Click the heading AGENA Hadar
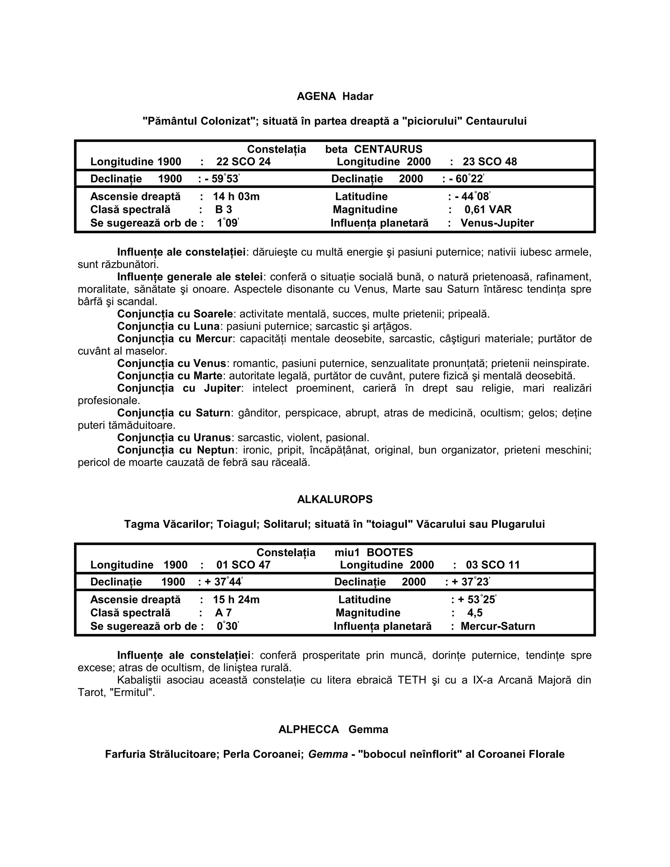point(335,97)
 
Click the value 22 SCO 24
point(243,162)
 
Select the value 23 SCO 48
point(490,162)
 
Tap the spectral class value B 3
point(223,210)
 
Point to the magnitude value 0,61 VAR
point(488,210)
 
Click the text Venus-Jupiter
point(497,223)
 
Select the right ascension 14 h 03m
point(236,197)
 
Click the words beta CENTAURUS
point(374,149)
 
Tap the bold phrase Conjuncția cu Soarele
point(175,314)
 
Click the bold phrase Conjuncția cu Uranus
point(174,438)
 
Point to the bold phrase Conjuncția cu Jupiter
point(179,388)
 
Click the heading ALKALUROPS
point(335,499)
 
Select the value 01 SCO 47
point(243,565)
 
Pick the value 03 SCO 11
point(493,565)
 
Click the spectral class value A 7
point(223,613)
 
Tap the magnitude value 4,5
point(475,613)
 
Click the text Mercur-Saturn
point(498,627)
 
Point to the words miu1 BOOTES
point(374,553)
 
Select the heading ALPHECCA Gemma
point(333,730)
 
